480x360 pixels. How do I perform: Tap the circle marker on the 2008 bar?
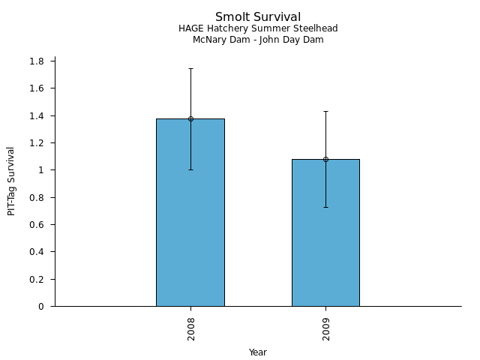[190, 118]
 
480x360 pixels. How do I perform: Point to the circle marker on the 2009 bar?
[325, 159]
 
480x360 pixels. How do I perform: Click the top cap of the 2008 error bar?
[190, 68]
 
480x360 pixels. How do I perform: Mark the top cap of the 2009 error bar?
[325, 111]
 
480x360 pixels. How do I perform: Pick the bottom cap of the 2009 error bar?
[325, 207]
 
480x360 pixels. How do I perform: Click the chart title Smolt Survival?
[258, 17]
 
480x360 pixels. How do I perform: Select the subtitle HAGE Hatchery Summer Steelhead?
[258, 28]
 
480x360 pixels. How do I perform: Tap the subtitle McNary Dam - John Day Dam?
[258, 40]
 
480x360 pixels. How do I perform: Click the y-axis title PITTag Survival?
[11, 181]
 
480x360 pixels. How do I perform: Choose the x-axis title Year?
[258, 352]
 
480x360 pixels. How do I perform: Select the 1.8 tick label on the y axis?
[37, 61]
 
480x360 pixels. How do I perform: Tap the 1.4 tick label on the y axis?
[37, 115]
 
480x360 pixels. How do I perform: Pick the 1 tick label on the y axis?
[41, 170]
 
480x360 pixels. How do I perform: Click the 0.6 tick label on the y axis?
[37, 225]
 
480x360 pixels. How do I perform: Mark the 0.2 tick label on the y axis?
[37, 279]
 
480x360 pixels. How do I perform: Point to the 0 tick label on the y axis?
[41, 307]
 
